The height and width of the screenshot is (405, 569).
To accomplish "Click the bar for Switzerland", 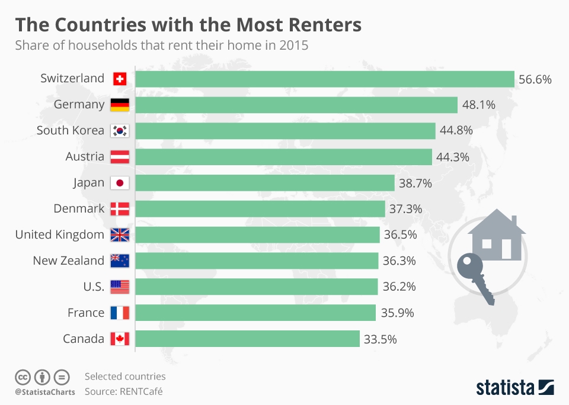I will (x=325, y=79).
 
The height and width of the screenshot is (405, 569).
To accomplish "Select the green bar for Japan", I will (x=265, y=183).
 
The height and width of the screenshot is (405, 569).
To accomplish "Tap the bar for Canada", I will (x=248, y=339).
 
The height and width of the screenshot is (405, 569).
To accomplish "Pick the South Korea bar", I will (x=286, y=131).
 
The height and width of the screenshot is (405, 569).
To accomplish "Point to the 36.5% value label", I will (x=400, y=235).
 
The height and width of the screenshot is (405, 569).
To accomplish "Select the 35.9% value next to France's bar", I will (x=397, y=313).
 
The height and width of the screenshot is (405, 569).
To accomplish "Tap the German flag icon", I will (x=120, y=105).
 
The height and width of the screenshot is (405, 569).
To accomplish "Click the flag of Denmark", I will (x=120, y=209).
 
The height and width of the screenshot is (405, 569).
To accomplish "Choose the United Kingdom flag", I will (x=120, y=235).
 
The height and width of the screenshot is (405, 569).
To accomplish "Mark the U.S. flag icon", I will (x=120, y=287).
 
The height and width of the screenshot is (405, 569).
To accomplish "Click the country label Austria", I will (x=85, y=157).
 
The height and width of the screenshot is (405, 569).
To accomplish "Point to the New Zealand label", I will (x=68, y=261).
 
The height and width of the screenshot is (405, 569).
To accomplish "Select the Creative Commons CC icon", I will (x=23, y=377).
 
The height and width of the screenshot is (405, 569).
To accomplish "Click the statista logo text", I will (x=504, y=388).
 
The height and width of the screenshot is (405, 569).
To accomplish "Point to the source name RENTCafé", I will (x=140, y=391).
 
